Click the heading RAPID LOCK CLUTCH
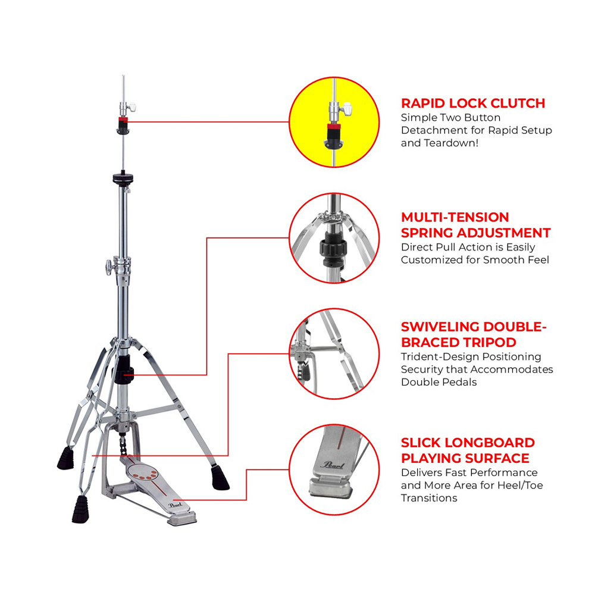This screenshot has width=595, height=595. tap(473, 103)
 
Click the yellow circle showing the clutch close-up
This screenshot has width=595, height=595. tap(334, 122)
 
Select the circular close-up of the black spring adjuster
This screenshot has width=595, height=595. tap(334, 239)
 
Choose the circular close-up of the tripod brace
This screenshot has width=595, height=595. tap(334, 354)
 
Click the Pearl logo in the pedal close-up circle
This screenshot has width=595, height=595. tap(333, 465)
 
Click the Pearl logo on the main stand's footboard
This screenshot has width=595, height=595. tap(176, 505)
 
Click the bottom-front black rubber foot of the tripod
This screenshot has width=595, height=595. tap(80, 509)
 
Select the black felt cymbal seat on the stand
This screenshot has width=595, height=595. tap(123, 178)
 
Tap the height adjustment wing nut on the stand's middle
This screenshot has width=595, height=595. tap(109, 267)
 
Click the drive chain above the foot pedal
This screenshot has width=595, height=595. tap(123, 445)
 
